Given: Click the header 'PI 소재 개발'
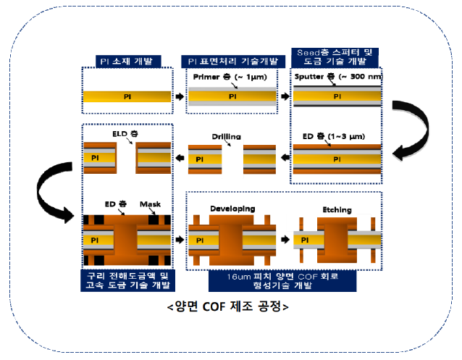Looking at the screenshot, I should pyautogui.click(x=127, y=61).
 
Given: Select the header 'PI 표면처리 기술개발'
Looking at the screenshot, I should pyautogui.click(x=232, y=61).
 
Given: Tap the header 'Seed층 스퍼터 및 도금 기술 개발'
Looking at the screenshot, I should pyautogui.click(x=337, y=56).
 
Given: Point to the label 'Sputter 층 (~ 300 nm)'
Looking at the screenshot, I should pyautogui.click(x=335, y=76).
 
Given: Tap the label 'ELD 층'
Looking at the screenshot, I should pyautogui.click(x=127, y=135).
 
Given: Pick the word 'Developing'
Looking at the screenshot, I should pyautogui.click(x=232, y=209).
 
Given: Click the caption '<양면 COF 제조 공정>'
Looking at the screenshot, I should pyautogui.click(x=227, y=305).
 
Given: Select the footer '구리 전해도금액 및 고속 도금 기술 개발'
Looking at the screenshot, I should pyautogui.click(x=127, y=280).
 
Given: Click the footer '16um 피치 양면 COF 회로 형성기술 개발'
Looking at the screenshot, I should pyautogui.click(x=283, y=280).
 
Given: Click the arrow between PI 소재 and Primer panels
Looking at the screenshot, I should pyautogui.click(x=180, y=96).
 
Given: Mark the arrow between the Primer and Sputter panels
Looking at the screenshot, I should pyautogui.click(x=285, y=96).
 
